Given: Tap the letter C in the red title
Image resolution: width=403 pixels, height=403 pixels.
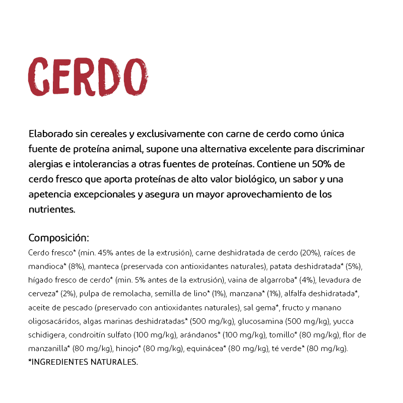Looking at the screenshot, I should coord(39,77).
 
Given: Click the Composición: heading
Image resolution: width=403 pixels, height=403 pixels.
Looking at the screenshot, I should coord(59,238).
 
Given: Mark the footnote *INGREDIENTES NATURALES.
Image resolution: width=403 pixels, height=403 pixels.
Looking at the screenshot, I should coord(83,362).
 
